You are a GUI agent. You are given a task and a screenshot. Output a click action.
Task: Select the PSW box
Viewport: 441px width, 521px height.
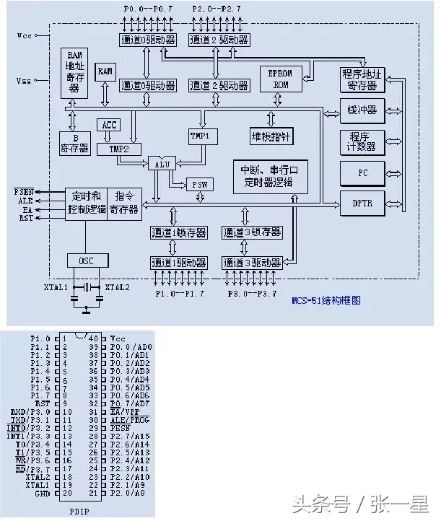pyautogui.click(x=199, y=184)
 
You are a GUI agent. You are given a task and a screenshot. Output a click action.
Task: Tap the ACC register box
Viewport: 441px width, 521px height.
pyautogui.click(x=109, y=125)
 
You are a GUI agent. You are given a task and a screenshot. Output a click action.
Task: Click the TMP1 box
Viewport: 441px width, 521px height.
pyautogui.click(x=199, y=135)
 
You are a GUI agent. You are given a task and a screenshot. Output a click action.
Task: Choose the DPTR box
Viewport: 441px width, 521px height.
pyautogui.click(x=362, y=203)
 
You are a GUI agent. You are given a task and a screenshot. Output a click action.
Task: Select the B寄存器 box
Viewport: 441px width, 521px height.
pyautogui.click(x=74, y=143)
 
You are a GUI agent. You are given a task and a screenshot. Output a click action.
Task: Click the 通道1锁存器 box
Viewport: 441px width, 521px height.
pyautogui.click(x=178, y=233)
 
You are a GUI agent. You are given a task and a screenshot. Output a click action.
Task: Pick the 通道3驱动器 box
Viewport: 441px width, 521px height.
pyautogui.click(x=252, y=262)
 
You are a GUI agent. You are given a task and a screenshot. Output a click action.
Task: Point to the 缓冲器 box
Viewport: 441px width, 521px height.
pyautogui.click(x=362, y=111)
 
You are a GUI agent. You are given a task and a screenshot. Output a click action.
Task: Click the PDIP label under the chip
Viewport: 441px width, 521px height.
pyautogui.click(x=79, y=512)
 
